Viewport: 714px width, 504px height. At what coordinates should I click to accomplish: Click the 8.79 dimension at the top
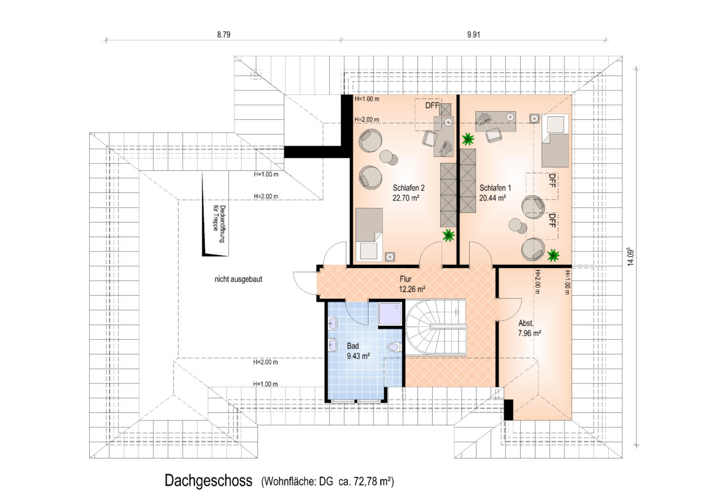[223, 34]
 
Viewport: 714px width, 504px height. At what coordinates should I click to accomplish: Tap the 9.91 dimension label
[473, 34]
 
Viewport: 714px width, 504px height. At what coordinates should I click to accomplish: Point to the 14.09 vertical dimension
[630, 256]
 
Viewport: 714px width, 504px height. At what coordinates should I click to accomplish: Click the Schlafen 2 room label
[409, 188]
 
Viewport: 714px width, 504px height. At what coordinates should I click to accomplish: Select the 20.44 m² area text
[492, 198]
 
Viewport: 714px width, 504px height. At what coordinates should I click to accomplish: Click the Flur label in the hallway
[405, 279]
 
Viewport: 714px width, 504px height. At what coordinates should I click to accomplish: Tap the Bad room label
[353, 346]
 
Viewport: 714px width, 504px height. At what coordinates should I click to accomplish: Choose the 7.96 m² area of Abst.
[529, 333]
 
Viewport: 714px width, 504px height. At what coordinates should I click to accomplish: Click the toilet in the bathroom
[393, 348]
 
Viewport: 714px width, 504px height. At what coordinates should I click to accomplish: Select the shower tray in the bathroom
[390, 314]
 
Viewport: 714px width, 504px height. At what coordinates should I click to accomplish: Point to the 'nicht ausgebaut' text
[238, 279]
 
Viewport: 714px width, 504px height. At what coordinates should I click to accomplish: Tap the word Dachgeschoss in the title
[209, 481]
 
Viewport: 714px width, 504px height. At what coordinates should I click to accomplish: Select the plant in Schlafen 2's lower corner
[449, 235]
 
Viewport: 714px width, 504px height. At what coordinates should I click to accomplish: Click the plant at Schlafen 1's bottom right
[553, 255]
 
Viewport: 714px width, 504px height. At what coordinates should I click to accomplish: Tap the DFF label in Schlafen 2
[431, 106]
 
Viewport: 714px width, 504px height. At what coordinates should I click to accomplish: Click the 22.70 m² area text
[406, 198]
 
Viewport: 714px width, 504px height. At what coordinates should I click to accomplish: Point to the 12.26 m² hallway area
[412, 289]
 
